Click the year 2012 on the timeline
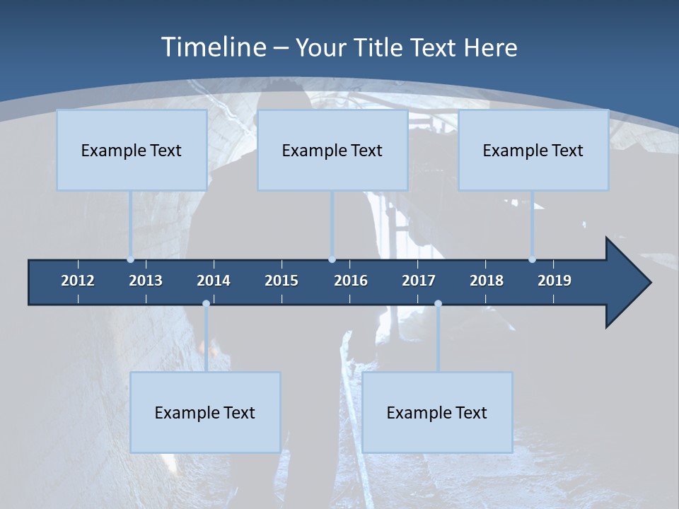point(78,281)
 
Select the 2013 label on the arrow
point(146,281)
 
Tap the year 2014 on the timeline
point(214,281)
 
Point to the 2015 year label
point(282,281)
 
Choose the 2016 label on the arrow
point(351,281)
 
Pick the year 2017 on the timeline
point(419,281)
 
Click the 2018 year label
point(487,281)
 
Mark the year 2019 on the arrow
point(555,281)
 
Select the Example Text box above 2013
point(132,151)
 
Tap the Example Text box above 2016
point(332,151)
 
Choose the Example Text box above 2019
point(533,151)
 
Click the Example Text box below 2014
point(205,413)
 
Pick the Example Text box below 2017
point(437,413)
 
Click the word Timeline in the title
point(212,47)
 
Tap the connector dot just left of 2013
point(130,259)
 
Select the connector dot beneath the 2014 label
point(206,304)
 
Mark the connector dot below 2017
point(438,304)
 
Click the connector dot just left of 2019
point(532,259)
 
